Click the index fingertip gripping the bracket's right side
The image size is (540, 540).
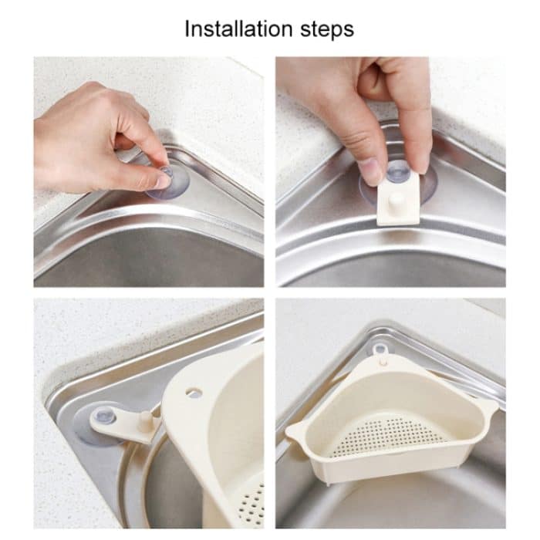(420, 161)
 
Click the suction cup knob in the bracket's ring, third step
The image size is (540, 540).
(106, 417)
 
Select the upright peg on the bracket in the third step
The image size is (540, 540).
(144, 420)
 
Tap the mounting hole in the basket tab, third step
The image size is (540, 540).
(196, 393)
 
